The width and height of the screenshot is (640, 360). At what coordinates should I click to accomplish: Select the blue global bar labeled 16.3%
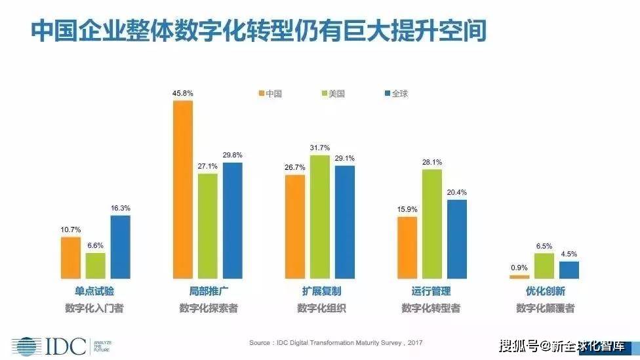tap(120, 247)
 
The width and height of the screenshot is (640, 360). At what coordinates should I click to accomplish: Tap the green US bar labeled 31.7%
tap(320, 216)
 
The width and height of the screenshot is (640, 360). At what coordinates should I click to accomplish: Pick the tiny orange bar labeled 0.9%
tap(519, 277)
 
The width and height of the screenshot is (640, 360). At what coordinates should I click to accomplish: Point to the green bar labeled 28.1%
tap(432, 224)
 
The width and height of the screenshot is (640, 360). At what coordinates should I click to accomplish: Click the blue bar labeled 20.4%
tap(457, 239)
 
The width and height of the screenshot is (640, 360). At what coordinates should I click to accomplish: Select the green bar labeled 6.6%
tap(95, 266)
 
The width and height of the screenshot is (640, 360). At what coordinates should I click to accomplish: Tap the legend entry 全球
tap(395, 93)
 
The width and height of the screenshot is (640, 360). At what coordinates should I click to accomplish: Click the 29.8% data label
tap(232, 155)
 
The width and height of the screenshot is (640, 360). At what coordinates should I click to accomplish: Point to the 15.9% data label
tap(407, 209)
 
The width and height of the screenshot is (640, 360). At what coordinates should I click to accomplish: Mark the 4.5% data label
tap(569, 254)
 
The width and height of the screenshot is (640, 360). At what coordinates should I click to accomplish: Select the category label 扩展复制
tap(321, 291)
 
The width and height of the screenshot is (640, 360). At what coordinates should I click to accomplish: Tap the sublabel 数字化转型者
tap(432, 308)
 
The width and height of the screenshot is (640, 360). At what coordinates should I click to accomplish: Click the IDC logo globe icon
tap(24, 346)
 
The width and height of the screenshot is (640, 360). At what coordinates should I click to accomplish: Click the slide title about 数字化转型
tap(259, 31)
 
